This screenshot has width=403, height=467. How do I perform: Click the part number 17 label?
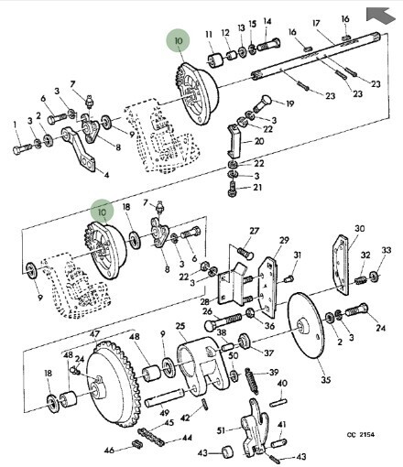[316, 23]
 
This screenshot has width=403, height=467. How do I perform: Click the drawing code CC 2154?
[360, 435]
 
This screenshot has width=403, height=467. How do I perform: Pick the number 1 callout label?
[15, 125]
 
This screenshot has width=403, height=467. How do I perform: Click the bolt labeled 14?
[268, 45]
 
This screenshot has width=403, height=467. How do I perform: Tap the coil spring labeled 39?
[252, 380]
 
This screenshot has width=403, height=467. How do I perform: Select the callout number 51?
[222, 430]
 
